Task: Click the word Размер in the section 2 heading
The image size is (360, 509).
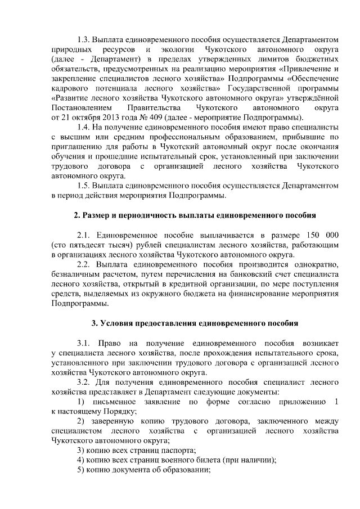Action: pyautogui.click(x=97, y=215)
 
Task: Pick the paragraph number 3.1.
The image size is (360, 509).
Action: pyautogui.click(x=83, y=343)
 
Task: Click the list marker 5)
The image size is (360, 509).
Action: pyautogui.click(x=80, y=471)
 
